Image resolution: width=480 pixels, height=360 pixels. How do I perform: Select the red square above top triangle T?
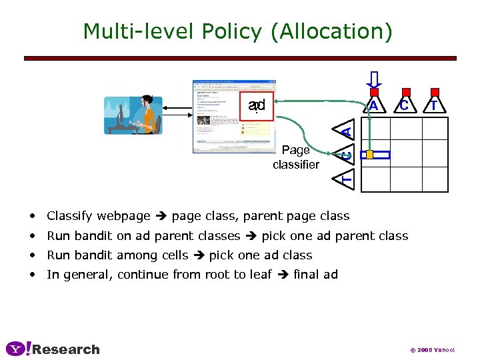point(435,92)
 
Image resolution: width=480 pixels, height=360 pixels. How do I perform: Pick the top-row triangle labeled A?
point(374,105)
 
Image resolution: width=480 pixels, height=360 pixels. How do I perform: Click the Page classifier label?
point(295,157)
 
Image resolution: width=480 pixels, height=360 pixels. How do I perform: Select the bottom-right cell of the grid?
point(435,179)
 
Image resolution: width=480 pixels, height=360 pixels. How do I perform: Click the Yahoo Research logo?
point(53,349)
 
